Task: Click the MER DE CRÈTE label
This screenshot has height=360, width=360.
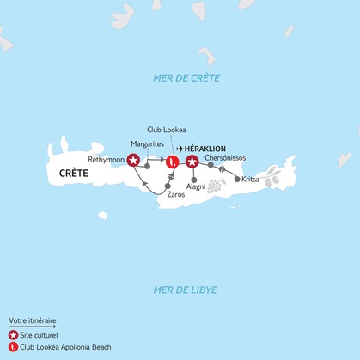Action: (186, 78)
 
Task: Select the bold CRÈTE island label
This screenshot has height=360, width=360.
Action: (78, 174)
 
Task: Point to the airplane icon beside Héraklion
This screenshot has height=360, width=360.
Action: (180, 148)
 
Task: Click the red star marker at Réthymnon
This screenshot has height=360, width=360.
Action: (133, 160)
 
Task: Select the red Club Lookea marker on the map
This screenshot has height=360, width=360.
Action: (172, 161)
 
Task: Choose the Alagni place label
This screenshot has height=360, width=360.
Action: (196, 186)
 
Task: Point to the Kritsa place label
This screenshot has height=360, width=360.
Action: (250, 180)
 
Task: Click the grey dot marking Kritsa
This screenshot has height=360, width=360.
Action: (236, 179)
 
